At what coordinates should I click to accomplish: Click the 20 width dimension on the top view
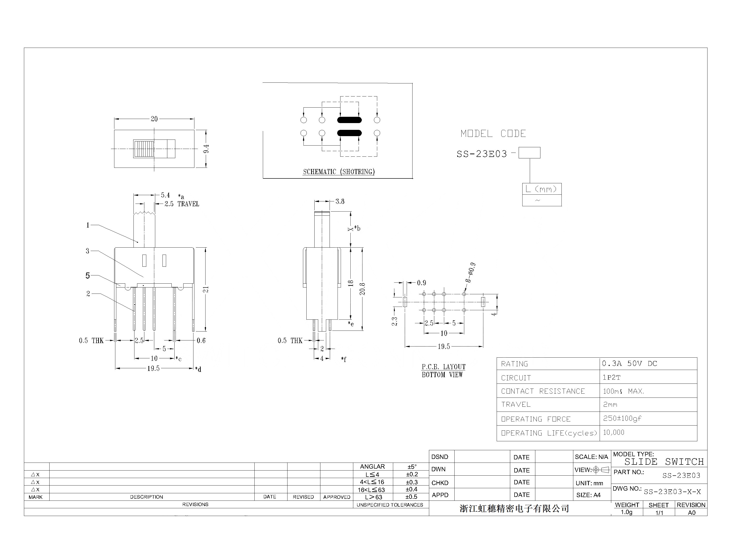pos(154,119)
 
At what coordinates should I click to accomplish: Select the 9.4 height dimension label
pos(206,149)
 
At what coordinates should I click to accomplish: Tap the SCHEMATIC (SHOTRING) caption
pos(339,172)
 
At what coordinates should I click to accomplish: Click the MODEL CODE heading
pos(493,134)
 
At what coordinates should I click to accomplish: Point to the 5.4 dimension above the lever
pos(165,195)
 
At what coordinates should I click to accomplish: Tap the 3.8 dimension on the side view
pos(340,201)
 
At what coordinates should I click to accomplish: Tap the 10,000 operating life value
pos(613,432)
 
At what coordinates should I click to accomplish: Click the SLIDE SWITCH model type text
pos(664,462)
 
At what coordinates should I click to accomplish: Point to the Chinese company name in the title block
pos(514,508)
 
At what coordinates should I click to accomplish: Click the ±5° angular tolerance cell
pos(412,467)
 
